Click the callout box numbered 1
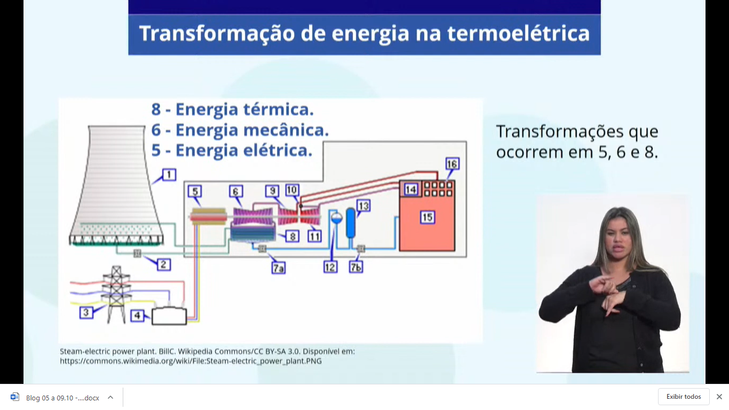[169, 175]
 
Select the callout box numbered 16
[453, 163]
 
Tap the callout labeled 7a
[279, 267]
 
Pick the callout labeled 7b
[356, 267]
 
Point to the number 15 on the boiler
[427, 217]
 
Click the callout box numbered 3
[86, 312]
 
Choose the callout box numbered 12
[330, 267]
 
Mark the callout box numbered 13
[363, 206]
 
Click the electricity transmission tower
[116, 294]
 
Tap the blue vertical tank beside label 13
[351, 223]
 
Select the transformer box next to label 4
[169, 316]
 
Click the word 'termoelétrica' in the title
[518, 34]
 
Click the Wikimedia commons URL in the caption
[191, 361]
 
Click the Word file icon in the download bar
[14, 397]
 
